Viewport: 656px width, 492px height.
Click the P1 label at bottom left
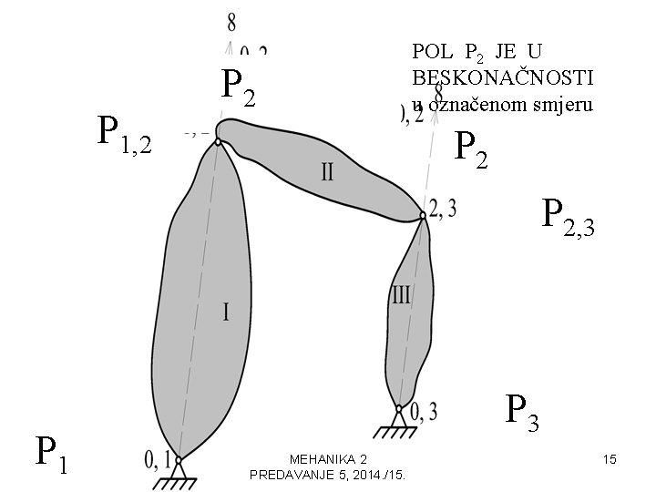(51, 453)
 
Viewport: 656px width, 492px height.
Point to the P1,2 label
(125, 135)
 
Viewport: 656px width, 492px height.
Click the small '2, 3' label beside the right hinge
(443, 209)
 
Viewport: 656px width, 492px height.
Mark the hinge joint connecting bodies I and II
(219, 138)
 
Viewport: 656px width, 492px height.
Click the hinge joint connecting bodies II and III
(424, 216)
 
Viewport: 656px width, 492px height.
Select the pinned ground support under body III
(399, 418)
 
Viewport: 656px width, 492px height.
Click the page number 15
(610, 460)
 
